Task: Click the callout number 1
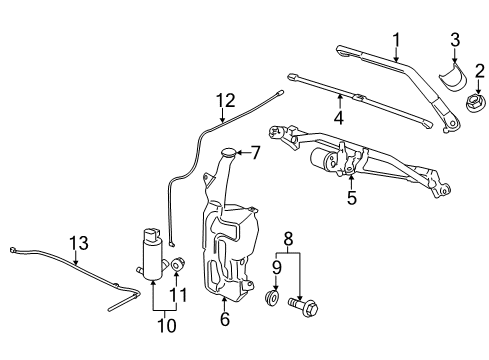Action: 396,40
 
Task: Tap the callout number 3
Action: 455,39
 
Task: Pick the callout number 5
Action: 350,198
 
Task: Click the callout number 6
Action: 224,320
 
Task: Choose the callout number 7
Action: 255,153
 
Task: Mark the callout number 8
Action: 288,241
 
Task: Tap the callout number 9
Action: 277,268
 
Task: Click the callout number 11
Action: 181,295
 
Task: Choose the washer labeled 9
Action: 271,299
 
